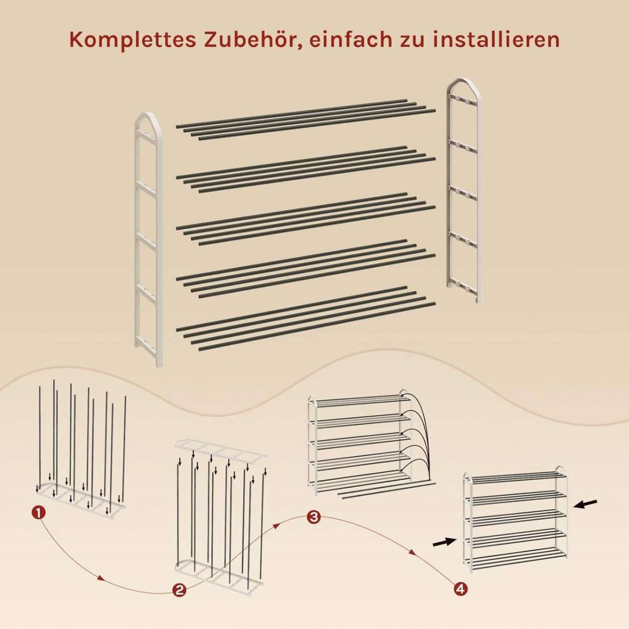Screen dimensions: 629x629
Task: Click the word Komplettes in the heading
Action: tap(132, 40)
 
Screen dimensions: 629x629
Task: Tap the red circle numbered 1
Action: tap(39, 513)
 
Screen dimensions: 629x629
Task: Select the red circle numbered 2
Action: tap(179, 599)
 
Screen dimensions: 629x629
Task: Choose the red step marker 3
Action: tap(313, 517)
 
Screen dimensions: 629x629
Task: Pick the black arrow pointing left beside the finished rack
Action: tap(585, 513)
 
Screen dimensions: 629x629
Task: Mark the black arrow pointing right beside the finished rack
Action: tap(444, 542)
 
